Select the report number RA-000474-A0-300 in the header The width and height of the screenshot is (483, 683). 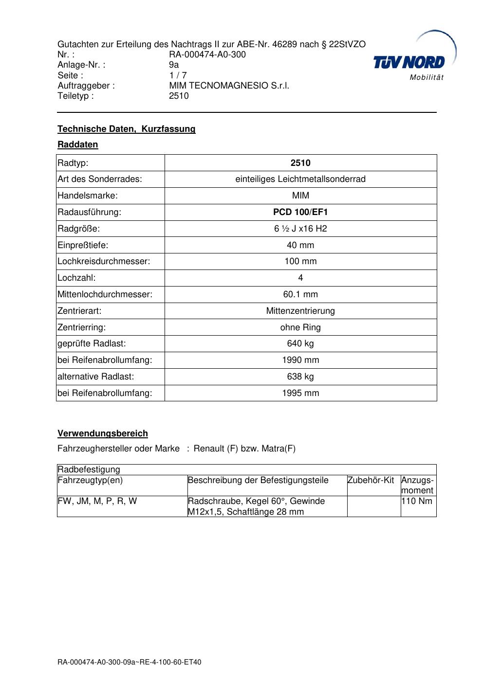[207, 54]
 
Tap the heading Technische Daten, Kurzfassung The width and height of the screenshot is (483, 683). [126, 129]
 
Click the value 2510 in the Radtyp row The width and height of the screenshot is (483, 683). [300, 163]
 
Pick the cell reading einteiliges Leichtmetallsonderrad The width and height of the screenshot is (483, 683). [300, 179]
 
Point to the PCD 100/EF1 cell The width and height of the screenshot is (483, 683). [300, 212]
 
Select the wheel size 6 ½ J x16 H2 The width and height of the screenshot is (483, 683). [300, 229]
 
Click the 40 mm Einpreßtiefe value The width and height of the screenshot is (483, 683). [300, 245]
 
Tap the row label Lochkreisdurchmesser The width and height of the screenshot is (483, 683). [104, 261]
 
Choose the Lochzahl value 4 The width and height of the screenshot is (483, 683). [300, 278]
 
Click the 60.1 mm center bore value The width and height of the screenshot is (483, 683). [300, 294]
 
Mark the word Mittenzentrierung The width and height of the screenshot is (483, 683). [300, 311]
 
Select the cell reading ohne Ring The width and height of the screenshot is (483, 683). [300, 327]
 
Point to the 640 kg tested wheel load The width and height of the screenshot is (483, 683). [300, 343]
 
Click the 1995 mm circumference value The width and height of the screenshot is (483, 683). [300, 393]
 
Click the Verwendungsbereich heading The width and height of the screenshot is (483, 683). [102, 433]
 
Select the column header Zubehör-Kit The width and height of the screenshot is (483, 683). [371, 481]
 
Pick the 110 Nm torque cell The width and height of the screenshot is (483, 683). [416, 501]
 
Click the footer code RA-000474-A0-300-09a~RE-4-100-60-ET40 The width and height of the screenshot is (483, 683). [129, 662]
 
